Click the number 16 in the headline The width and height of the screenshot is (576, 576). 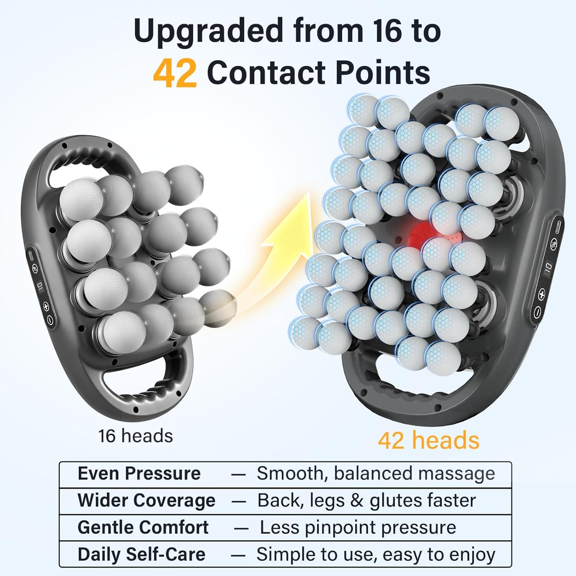(387, 31)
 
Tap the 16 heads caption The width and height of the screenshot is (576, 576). (136, 436)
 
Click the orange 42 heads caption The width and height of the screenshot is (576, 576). (429, 440)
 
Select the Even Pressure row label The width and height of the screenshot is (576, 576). (139, 473)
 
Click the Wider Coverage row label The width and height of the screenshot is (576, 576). (146, 500)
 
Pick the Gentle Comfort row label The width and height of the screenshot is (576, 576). (143, 527)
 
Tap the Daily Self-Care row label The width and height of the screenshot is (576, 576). (141, 554)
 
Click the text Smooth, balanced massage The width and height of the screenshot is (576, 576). (376, 473)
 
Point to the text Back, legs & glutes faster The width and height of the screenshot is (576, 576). (366, 500)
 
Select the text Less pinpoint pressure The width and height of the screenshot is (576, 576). (358, 527)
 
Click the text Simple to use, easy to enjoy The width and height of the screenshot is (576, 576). (376, 554)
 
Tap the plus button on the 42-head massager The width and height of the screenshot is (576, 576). (541, 295)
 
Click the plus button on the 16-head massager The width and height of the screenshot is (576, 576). (46, 306)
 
